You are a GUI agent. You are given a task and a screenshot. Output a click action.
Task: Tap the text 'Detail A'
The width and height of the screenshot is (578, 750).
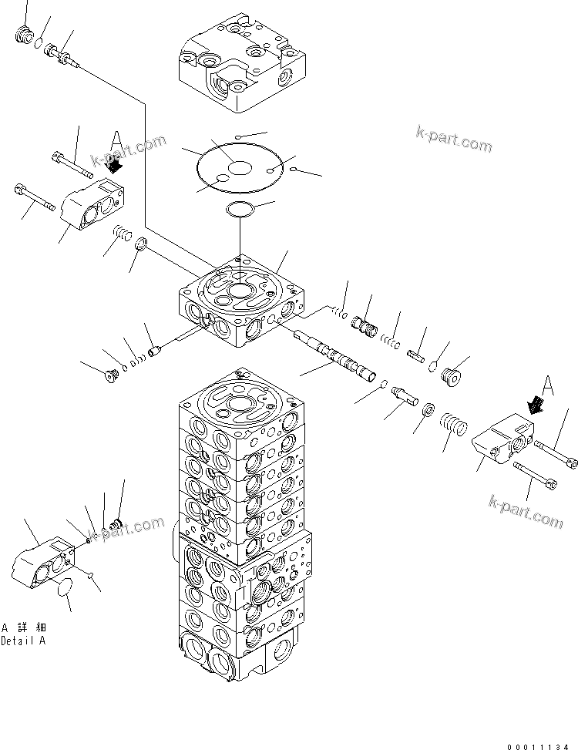tap(23, 641)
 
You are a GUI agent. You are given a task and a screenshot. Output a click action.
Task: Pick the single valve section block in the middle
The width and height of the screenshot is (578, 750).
tap(240, 304)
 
